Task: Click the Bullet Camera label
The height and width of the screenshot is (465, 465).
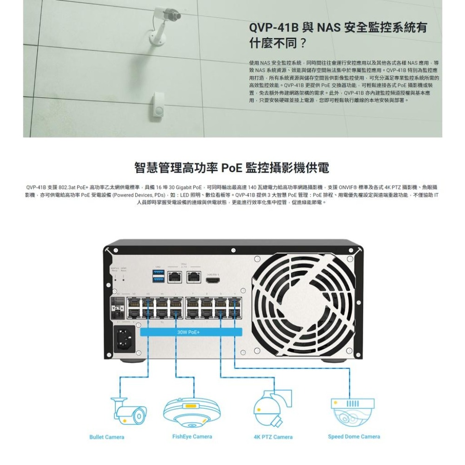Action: click(x=106, y=437)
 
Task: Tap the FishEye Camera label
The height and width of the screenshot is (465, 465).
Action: click(x=192, y=437)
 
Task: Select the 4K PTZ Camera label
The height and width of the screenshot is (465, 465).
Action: click(x=273, y=437)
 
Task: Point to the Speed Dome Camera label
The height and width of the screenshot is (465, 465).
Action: click(x=354, y=437)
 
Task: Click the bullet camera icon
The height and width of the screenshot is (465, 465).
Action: click(x=127, y=412)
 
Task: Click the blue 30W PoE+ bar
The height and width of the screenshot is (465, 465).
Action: click(x=191, y=332)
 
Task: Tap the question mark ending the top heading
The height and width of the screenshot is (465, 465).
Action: click(x=303, y=44)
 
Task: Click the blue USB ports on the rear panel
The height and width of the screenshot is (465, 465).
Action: click(x=158, y=276)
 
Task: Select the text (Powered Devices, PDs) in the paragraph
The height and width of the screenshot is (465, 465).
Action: click(x=139, y=195)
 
